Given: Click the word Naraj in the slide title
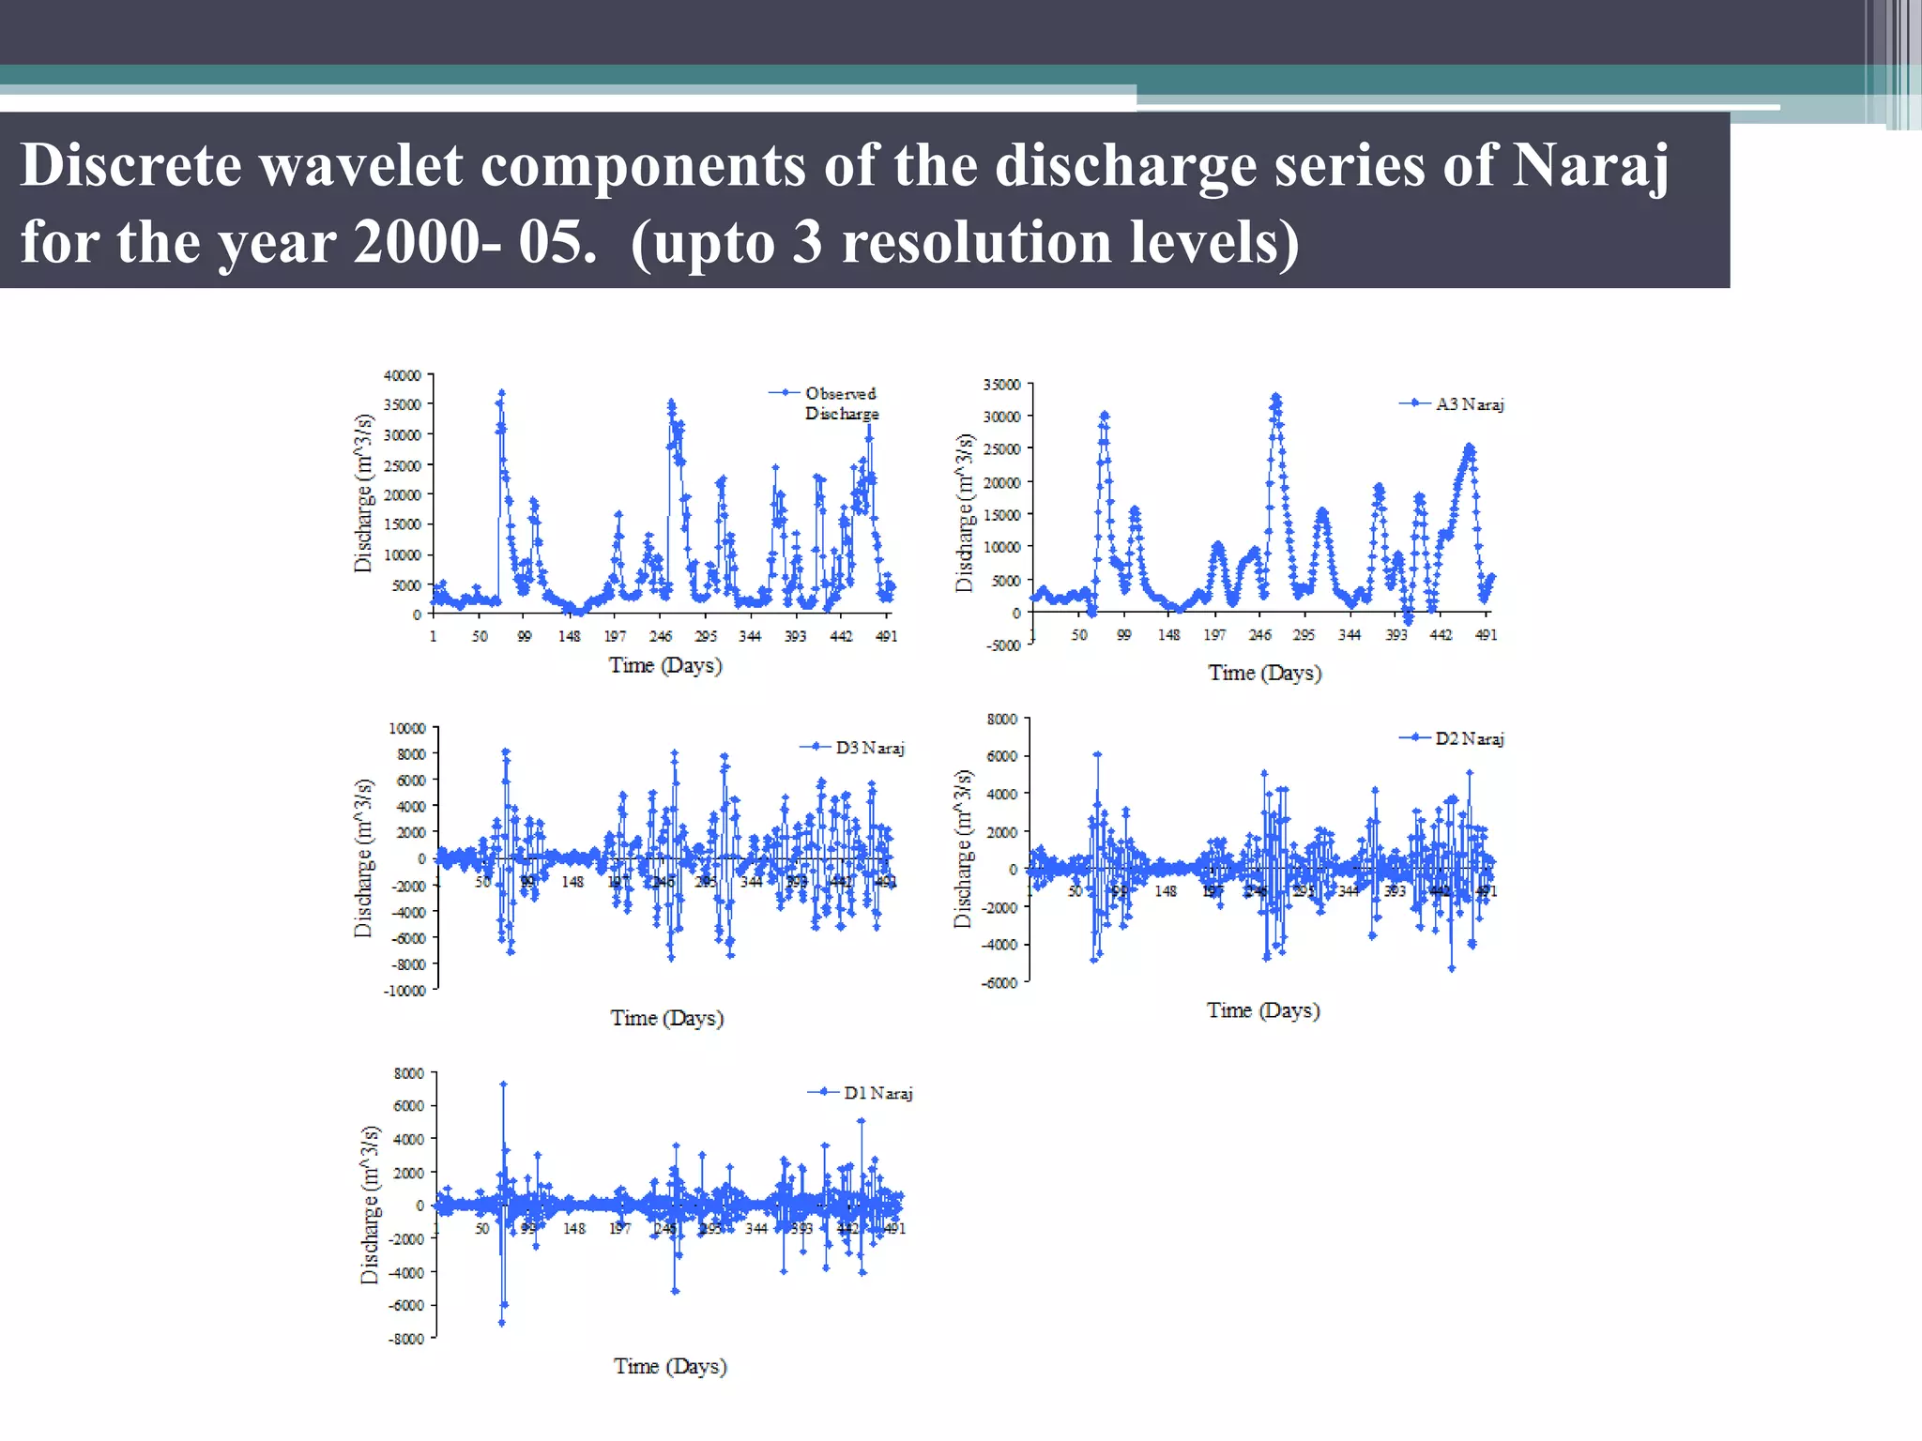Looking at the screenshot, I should click(1590, 166).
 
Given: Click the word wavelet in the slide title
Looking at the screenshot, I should click(360, 166).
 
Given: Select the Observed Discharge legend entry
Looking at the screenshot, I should click(841, 403).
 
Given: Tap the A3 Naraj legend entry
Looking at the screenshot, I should click(1469, 404).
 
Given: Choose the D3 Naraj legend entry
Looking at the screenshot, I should click(869, 748).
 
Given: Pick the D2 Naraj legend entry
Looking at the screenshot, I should click(1469, 739).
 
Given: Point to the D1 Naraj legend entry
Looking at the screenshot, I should click(877, 1093).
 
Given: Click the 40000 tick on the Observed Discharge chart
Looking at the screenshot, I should click(403, 375).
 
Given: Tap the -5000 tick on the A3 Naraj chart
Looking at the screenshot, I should click(1002, 645).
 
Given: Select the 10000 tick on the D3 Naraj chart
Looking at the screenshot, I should click(407, 728).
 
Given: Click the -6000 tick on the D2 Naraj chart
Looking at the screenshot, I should click(999, 982).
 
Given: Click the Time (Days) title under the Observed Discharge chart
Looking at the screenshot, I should click(665, 666).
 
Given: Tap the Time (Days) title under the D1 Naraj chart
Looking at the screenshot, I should click(670, 1367).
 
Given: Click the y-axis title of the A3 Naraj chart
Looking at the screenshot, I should click(964, 513).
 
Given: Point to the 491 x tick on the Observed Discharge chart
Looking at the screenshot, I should click(886, 636).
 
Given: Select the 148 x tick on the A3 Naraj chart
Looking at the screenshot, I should click(1168, 635).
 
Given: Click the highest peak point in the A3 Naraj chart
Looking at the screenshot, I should click(1275, 398).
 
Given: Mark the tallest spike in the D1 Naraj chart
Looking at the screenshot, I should click(503, 1085).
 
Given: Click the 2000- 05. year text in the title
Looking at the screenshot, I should click(475, 243).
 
